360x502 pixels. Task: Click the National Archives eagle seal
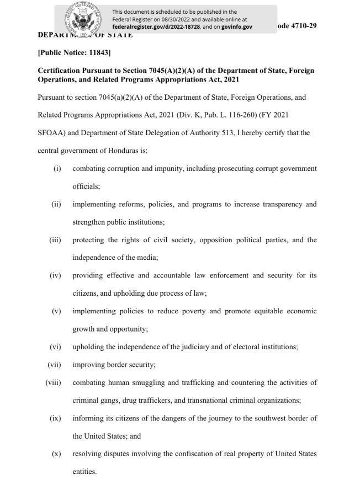[84, 19]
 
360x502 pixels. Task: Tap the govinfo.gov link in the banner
[237, 26]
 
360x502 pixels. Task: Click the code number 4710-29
[301, 26]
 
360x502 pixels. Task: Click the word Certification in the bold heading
[59, 71]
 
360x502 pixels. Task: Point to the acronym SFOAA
[51, 132]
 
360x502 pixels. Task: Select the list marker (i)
[57, 168]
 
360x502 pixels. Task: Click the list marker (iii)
[55, 240]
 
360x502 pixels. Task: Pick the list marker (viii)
[53, 382]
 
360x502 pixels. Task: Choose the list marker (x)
[56, 453]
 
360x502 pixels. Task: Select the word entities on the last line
[84, 472]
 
